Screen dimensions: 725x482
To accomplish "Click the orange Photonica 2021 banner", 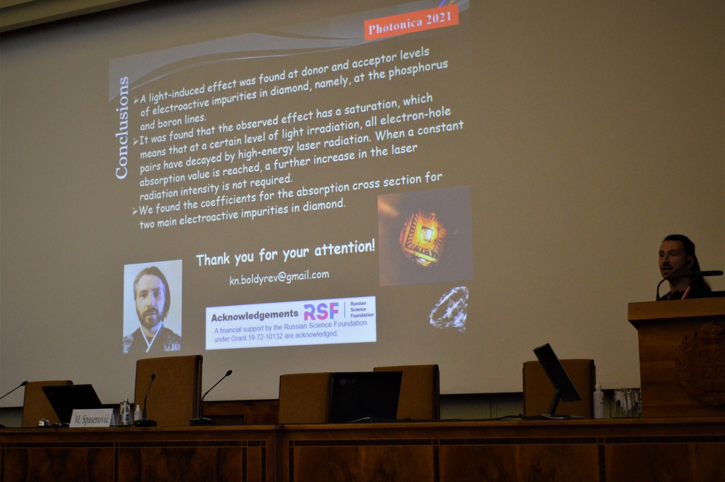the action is point(412,22).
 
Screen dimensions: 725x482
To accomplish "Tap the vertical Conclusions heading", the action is point(121,128).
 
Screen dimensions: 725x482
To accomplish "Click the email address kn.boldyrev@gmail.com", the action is point(279,277).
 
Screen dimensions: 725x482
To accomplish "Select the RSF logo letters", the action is point(321,311).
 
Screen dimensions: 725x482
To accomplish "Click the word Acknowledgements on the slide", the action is point(255,315).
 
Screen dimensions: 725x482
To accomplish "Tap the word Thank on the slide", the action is point(213,259).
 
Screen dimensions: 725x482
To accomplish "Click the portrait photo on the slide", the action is point(152,306).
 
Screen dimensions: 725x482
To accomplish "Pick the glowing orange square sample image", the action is point(425,236).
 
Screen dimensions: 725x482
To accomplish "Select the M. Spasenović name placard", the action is point(92,418).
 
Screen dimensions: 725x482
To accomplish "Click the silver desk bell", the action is point(43,422).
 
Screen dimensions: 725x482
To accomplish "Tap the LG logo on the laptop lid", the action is point(347,382).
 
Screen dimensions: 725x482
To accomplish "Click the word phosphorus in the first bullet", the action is point(418,70).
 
